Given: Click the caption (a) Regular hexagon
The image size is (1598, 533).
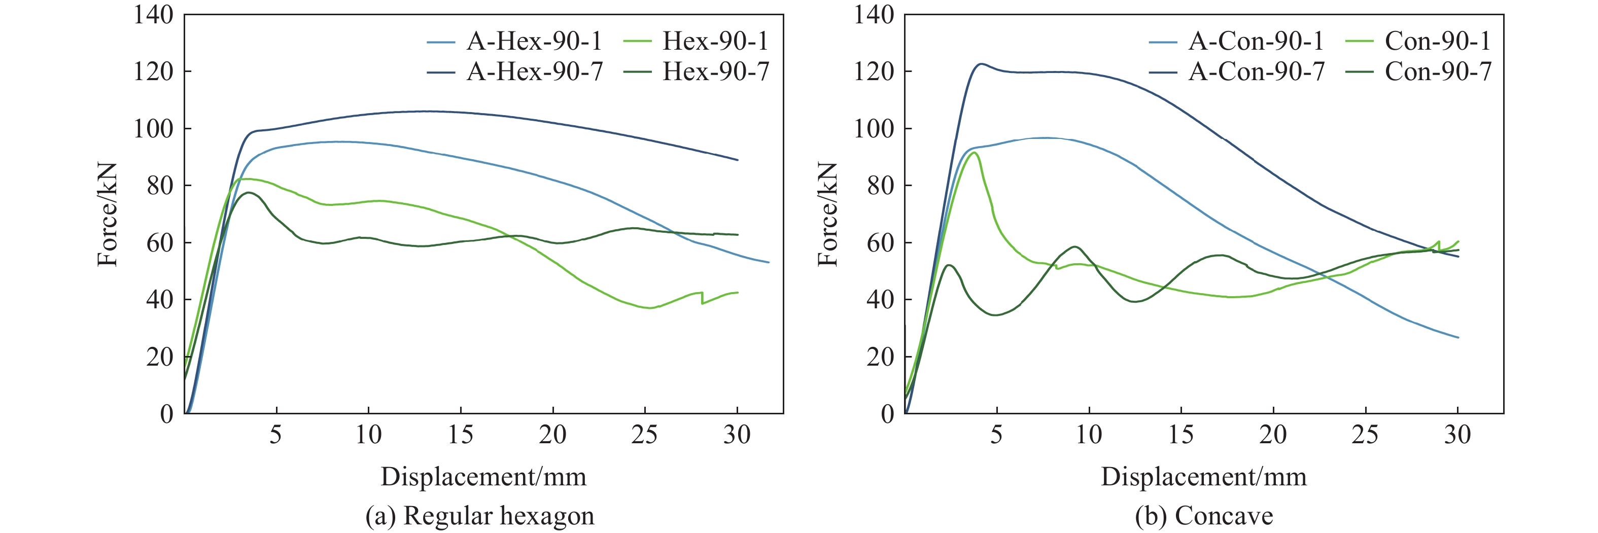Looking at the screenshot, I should point(479,516).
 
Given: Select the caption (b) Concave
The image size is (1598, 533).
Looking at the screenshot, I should point(1203,516).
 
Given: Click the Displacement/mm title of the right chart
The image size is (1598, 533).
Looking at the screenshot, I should point(1203,477).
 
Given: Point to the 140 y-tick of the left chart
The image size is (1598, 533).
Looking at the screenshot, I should point(153,15).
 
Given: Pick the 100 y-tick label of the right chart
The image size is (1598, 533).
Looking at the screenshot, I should point(874,129).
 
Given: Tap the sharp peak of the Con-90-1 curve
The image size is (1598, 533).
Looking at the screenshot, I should point(975,153).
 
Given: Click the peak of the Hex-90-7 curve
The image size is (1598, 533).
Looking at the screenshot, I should point(249,192).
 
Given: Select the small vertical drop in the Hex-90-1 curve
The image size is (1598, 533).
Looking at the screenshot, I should point(702,298).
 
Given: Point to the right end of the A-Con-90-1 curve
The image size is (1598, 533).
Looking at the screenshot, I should point(1458,338).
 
